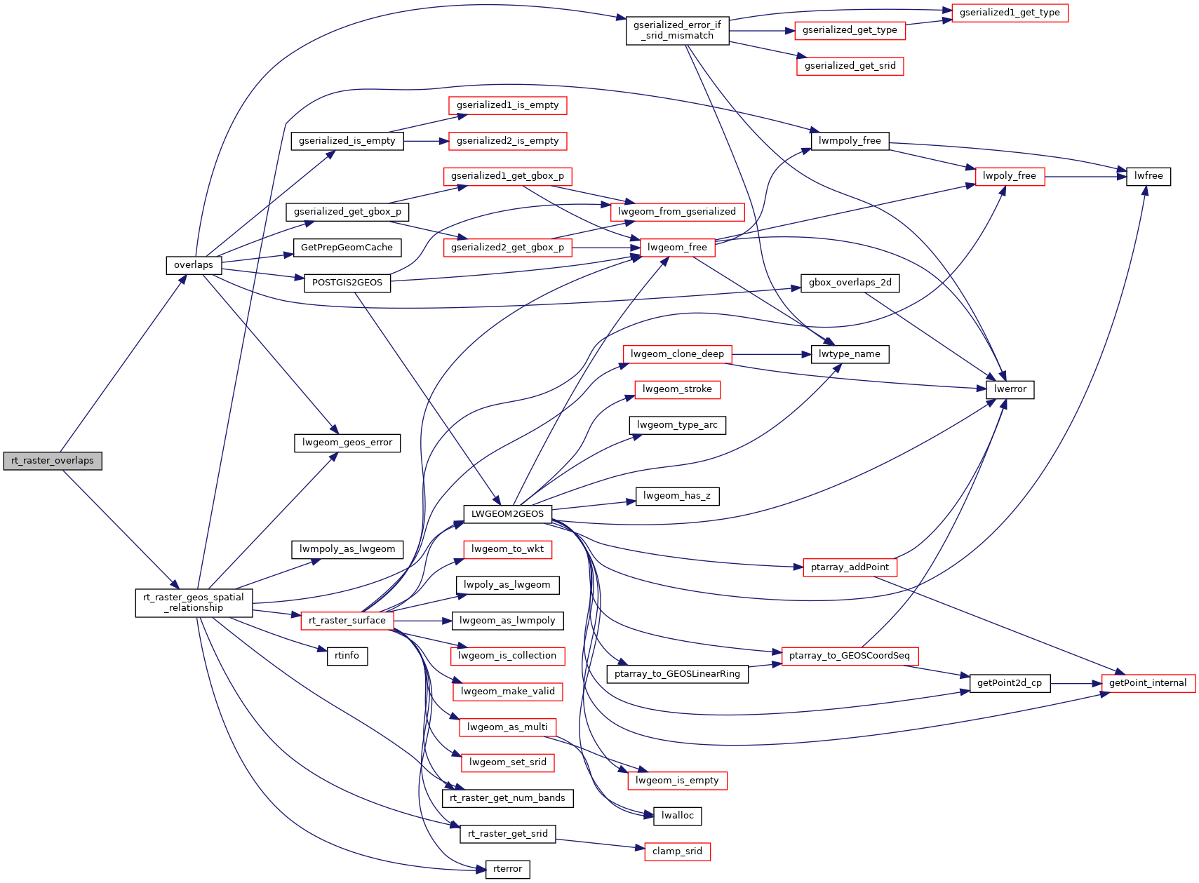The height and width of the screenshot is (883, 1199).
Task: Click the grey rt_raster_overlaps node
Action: [x=53, y=461]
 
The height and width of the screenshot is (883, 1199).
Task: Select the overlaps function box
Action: [x=194, y=265]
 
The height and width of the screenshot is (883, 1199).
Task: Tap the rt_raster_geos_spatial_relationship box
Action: [x=194, y=602]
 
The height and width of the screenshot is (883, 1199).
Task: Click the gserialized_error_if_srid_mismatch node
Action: [x=677, y=30]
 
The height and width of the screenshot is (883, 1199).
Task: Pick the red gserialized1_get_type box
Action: [x=1010, y=13]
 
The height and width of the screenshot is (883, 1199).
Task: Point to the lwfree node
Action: [x=1148, y=176]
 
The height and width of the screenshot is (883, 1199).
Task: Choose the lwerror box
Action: [x=1010, y=389]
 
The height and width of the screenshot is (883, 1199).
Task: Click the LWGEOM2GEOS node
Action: [x=507, y=514]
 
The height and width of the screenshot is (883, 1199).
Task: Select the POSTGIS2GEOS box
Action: [x=347, y=283]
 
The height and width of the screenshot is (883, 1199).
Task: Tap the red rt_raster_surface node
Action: [x=347, y=621]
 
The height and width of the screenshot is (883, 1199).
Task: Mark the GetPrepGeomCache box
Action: [x=347, y=248]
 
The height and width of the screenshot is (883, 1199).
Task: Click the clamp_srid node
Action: [x=677, y=851]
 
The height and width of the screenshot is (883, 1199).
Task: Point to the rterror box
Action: [x=507, y=869]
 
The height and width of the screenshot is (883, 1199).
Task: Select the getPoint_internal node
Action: [x=1148, y=683]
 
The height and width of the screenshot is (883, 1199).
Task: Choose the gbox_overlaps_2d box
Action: [x=850, y=283]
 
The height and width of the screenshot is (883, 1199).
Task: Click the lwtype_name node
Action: [x=849, y=354]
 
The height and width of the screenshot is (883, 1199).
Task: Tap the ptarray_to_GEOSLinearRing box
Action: [x=677, y=674]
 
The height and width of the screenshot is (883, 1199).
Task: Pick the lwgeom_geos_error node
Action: [x=347, y=443]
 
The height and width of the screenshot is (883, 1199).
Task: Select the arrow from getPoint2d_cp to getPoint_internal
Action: [x=1076, y=683]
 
